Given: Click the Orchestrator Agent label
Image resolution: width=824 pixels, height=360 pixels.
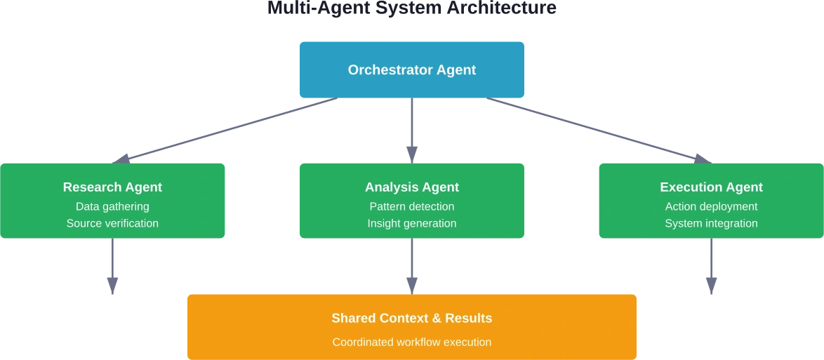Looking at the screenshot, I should [412, 70].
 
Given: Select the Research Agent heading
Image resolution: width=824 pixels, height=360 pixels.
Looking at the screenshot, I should [112, 187].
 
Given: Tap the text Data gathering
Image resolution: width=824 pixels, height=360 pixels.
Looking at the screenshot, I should [112, 206].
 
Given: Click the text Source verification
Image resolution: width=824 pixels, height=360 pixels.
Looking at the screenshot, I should [112, 223].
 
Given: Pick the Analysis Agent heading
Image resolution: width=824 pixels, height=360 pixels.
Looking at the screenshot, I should [412, 187].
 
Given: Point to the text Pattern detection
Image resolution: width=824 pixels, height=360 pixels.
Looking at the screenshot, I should [412, 206].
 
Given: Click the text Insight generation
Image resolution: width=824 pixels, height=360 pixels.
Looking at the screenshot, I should [412, 223].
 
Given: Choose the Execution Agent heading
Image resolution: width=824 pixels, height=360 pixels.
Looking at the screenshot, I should [711, 187].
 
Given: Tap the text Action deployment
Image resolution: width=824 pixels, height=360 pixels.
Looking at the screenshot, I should [711, 206].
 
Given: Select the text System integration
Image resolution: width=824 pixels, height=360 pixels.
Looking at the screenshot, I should [711, 223].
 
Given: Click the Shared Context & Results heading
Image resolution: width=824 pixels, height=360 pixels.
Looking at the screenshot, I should [412, 318].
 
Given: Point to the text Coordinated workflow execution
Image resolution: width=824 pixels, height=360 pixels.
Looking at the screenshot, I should [412, 342].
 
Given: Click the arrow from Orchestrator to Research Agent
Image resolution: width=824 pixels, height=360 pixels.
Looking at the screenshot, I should [225, 130].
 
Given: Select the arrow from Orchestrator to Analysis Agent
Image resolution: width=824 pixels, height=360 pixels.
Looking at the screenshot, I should [412, 130].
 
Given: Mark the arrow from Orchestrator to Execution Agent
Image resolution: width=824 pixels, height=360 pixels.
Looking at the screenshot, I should [600, 130].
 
